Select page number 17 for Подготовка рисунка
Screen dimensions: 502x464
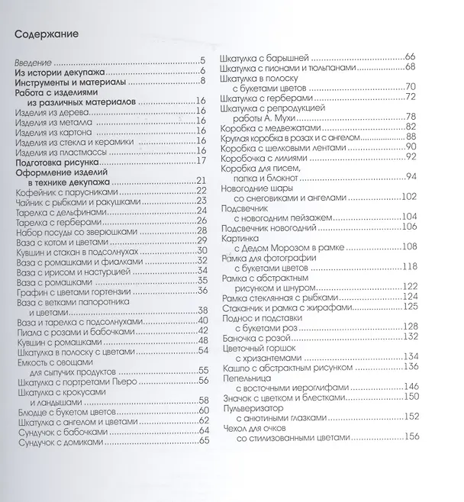pos(202,160)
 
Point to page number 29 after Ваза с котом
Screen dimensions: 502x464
pos(202,240)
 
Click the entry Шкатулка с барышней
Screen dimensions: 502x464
pos(263,58)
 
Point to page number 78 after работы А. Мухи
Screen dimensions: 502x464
pos(410,116)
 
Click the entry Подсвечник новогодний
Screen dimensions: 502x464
pos(265,226)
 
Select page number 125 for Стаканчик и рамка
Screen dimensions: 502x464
pos(411,306)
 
